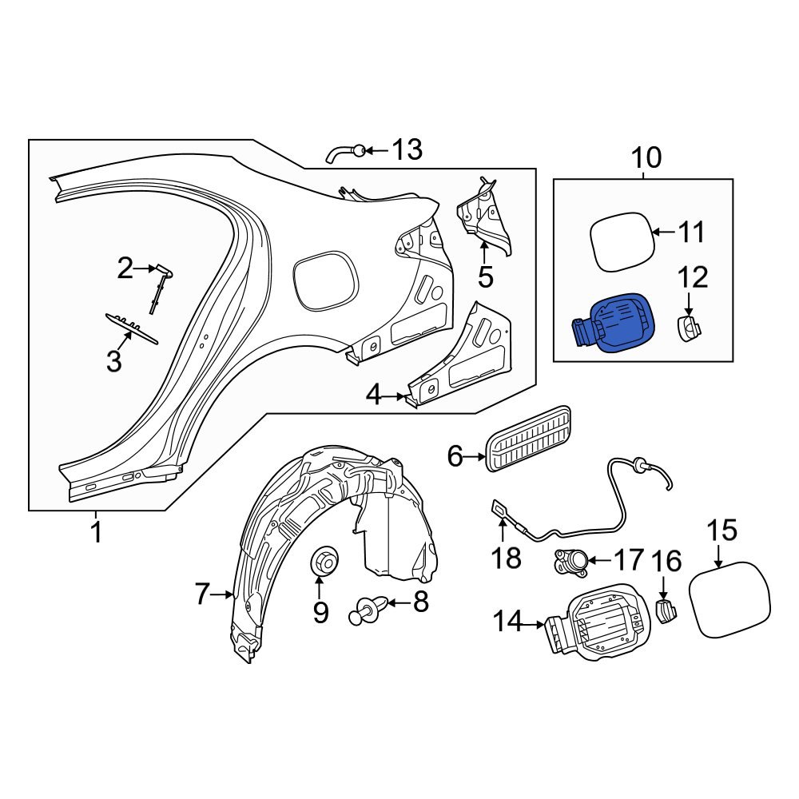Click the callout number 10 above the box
click(x=646, y=157)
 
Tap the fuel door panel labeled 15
click(x=730, y=598)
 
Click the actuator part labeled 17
click(x=570, y=562)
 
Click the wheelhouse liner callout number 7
click(x=203, y=594)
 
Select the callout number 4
click(x=373, y=395)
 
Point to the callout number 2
click(x=125, y=269)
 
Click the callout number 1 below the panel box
click(x=96, y=532)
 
